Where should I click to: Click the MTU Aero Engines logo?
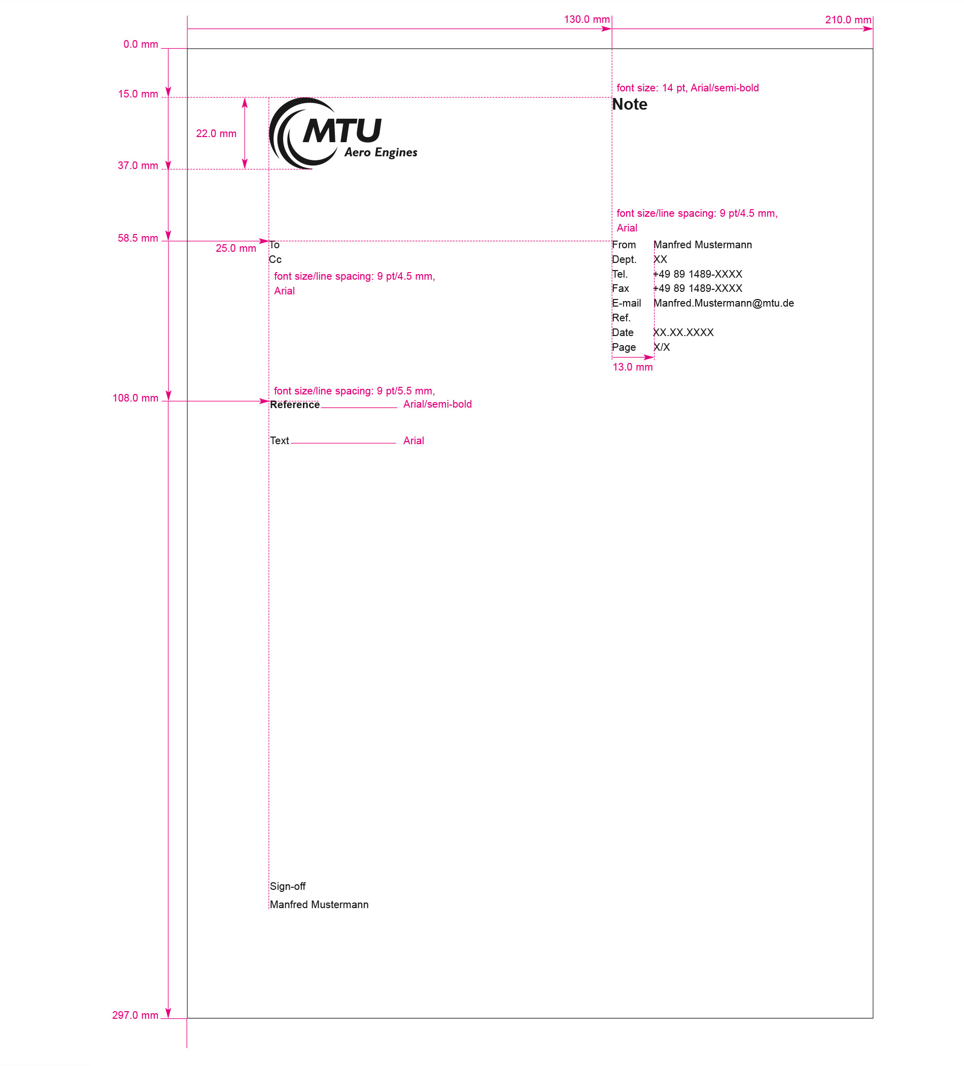click(x=343, y=133)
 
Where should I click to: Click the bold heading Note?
click(x=630, y=104)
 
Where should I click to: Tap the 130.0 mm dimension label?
click(x=587, y=20)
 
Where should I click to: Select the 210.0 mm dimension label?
click(x=848, y=20)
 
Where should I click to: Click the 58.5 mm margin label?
click(x=138, y=239)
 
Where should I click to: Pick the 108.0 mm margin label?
click(x=135, y=398)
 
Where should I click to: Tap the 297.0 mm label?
click(x=135, y=1015)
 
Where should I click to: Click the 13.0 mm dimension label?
click(x=633, y=368)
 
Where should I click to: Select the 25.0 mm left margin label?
click(x=236, y=249)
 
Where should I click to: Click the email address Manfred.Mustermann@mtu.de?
click(x=724, y=304)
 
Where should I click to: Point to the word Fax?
click(x=621, y=289)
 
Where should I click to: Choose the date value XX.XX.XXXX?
click(x=683, y=332)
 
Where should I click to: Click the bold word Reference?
click(x=295, y=405)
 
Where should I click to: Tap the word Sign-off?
click(x=288, y=887)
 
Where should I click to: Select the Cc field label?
click(x=276, y=259)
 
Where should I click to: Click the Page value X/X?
click(x=662, y=347)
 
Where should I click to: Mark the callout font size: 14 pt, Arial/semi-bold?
click(x=687, y=88)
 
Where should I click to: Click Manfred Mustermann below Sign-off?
click(x=319, y=905)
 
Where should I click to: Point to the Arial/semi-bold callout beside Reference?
click(x=437, y=405)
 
